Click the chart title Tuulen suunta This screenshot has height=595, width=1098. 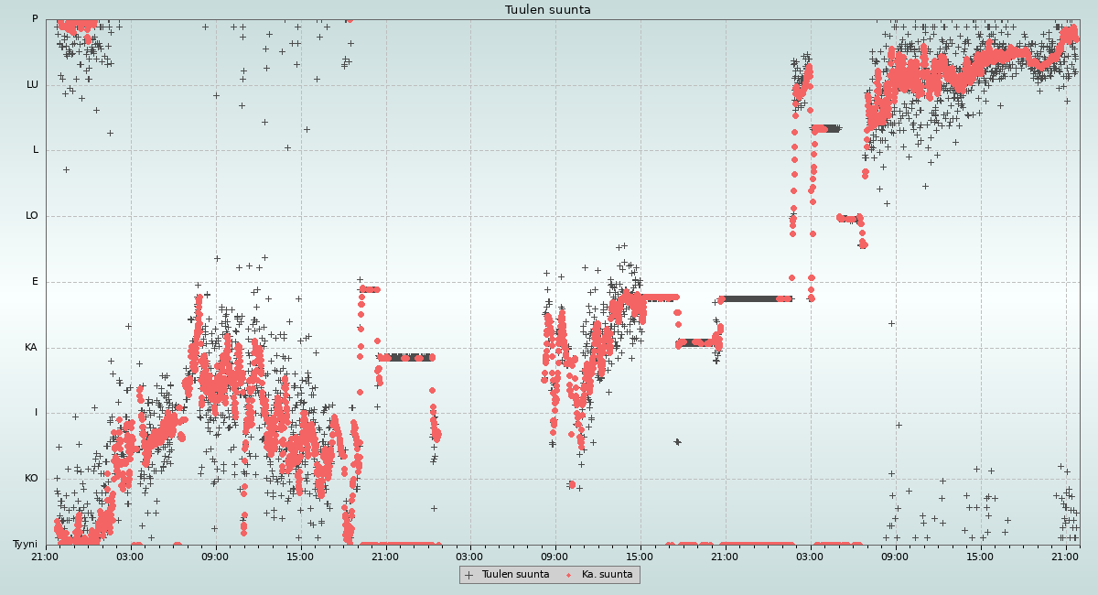548,10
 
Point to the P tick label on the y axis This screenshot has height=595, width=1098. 35,19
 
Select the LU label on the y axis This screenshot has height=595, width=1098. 33,85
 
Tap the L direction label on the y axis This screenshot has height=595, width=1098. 36,150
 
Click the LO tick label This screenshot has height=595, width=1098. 32,216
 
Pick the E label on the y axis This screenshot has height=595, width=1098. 36,282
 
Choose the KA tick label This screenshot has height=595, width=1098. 31,348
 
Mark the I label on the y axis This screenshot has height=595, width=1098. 37,413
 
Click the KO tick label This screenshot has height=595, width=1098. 31,479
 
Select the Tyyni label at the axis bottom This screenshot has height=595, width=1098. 25,545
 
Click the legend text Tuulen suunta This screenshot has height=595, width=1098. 515,575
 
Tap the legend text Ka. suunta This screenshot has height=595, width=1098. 608,575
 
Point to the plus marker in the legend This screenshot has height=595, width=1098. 469,575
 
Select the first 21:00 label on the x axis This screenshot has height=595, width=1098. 45,557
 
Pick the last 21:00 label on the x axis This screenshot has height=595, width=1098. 1065,557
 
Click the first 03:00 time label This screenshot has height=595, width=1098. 130,557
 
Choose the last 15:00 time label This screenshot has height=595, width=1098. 980,557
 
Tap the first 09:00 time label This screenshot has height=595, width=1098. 215,557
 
